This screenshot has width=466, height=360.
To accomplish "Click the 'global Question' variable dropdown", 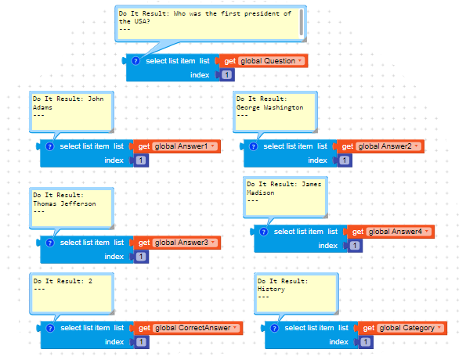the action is (271, 61).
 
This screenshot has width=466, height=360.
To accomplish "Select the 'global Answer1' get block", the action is (176, 146).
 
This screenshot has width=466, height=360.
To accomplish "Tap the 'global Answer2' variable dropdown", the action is (388, 146).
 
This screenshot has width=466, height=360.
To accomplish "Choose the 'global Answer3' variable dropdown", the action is (185, 243).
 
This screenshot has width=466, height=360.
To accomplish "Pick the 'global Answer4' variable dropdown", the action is (399, 232).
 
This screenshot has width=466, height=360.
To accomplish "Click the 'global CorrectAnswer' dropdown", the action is (196, 328).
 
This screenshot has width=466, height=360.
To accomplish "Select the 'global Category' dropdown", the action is (410, 328).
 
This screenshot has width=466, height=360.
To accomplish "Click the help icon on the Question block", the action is (135, 61).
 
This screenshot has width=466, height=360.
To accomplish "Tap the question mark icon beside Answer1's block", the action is (49, 146).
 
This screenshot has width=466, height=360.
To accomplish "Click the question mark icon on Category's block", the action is (274, 328).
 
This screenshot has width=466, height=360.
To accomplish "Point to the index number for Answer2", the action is (344, 160).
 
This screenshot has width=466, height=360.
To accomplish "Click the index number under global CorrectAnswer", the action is (141, 342).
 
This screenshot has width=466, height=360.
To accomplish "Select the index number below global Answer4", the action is (355, 246).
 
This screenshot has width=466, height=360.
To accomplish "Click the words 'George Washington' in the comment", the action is (270, 107).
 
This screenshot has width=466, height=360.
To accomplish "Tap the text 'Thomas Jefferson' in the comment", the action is (64, 203).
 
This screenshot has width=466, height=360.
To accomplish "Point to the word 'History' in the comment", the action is (271, 289).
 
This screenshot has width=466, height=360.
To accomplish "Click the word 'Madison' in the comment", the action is (260, 193).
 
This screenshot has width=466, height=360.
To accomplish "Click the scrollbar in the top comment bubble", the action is (302, 22).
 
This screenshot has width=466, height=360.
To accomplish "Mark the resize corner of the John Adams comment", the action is (112, 130).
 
